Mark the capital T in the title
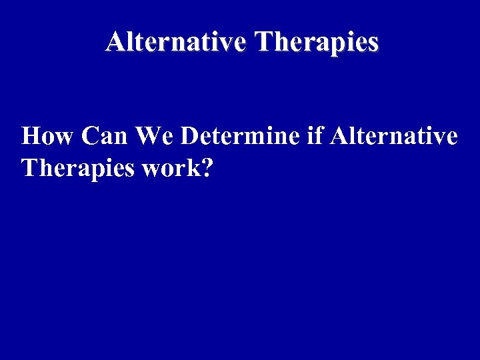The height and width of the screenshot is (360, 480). pos(264,42)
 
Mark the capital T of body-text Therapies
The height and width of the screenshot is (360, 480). pos(29,168)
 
